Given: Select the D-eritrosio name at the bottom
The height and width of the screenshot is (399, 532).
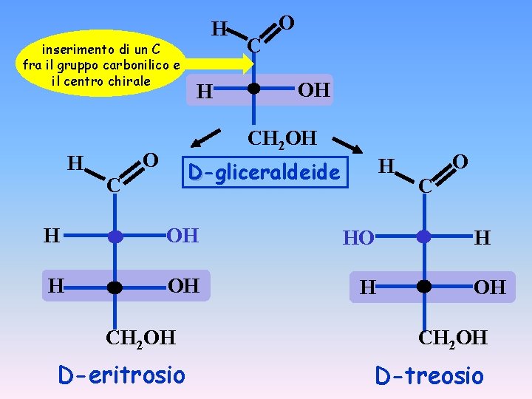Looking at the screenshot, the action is [121, 375].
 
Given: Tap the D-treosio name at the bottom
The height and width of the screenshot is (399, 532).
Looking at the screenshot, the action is [429, 375].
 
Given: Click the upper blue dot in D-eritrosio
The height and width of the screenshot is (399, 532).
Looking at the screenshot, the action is [115, 237].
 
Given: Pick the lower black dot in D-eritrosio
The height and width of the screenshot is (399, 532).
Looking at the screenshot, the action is [115, 287].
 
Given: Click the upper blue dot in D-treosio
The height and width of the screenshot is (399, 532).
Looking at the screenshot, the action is [423, 237].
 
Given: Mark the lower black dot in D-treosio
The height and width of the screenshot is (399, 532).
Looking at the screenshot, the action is [423, 287].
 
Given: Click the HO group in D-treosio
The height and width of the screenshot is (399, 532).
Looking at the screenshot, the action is [358, 238].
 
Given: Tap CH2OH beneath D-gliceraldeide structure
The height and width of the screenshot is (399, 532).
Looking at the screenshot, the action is [282, 138].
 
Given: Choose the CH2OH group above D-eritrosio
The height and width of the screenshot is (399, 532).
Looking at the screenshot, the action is [140, 338].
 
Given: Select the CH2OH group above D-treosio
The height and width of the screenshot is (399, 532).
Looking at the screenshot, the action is [453, 338].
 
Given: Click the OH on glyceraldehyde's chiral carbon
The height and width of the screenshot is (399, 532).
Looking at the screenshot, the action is [313, 91].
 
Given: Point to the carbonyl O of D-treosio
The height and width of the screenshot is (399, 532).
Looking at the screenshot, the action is [460, 161].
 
